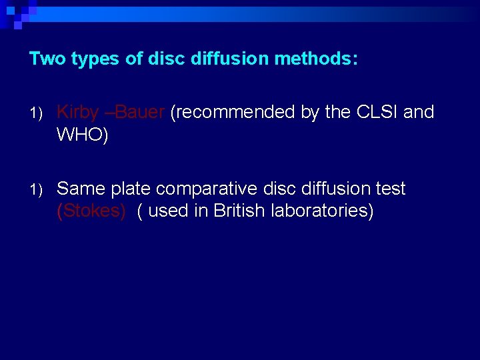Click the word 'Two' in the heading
click(x=47, y=59)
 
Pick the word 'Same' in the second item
click(x=81, y=189)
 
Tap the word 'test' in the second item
click(x=389, y=189)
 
